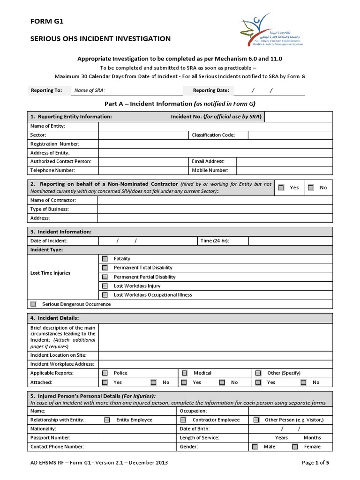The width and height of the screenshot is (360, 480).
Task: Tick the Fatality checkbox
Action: [105, 259]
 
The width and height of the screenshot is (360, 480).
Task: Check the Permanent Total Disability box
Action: [105, 268]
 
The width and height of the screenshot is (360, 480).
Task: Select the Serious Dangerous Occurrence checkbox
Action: [33, 304]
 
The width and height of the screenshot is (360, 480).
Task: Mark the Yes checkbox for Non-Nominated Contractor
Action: [281, 187]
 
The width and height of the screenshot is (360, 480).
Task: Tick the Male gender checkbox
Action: [255, 447]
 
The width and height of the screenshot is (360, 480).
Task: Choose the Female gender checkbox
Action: [295, 447]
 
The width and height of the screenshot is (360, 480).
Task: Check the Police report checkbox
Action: [105, 373]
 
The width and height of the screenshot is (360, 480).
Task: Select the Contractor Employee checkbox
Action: [183, 420]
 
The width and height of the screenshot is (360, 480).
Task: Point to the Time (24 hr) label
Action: [215, 241]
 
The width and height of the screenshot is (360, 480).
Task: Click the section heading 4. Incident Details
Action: [55, 318]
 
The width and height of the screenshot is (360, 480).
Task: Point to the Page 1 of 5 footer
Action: [315, 463]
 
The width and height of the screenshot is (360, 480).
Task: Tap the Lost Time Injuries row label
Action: [51, 273]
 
